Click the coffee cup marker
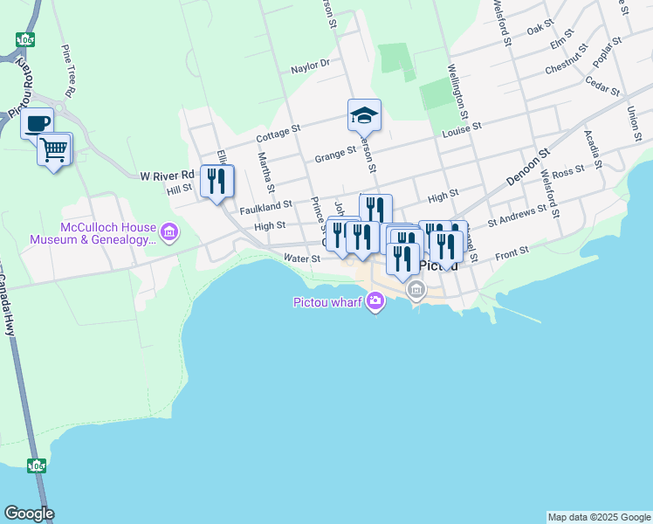[38, 123]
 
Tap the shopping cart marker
[54, 149]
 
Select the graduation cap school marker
[364, 114]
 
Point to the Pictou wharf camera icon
[375, 302]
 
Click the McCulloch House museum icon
[169, 232]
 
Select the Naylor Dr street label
[311, 64]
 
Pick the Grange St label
[334, 155]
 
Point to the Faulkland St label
[265, 205]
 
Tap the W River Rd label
[167, 176]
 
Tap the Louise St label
[462, 127]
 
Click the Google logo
[29, 514]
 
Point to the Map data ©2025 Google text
[598, 517]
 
